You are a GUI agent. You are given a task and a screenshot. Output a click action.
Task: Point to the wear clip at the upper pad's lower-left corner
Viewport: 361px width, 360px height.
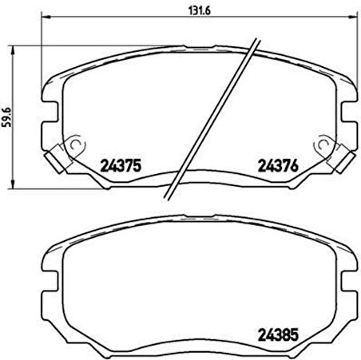pos(57,160)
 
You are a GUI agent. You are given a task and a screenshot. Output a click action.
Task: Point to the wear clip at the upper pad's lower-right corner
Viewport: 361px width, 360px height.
pos(341,160)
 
